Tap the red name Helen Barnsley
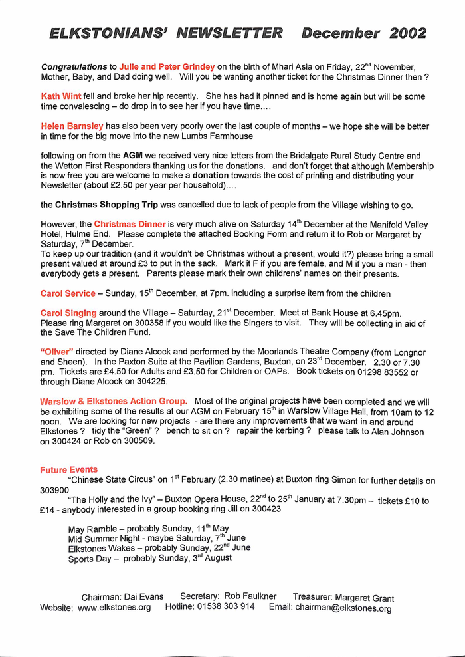(72, 126)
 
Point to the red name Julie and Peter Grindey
(167, 66)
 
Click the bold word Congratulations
(74, 66)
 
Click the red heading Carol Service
(68, 293)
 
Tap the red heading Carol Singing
(68, 313)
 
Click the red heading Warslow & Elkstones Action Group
(114, 401)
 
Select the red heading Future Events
(68, 470)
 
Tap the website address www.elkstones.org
(114, 607)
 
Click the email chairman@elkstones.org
(343, 608)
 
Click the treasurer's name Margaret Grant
(364, 598)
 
